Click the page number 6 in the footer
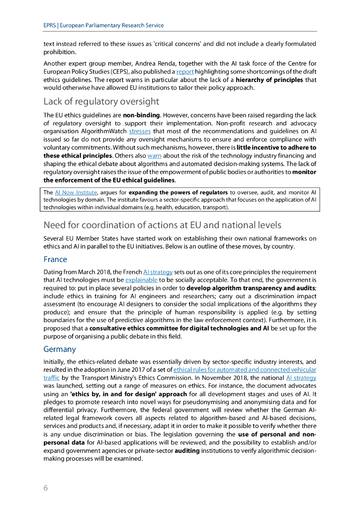[46, 488]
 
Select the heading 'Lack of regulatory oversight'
[101, 101]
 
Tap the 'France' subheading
[55, 259]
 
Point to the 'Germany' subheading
[60, 349]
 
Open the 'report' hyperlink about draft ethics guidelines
[185, 72]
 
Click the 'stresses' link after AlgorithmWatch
[140, 132]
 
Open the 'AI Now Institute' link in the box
[74, 192]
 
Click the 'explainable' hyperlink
[141, 280]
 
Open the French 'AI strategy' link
[158, 272]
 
